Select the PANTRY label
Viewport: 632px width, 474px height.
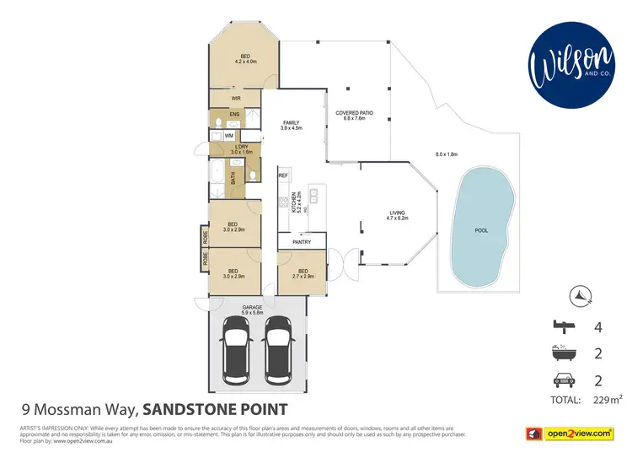point(302,242)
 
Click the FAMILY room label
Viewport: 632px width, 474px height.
point(292,125)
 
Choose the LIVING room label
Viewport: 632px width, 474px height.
point(397,215)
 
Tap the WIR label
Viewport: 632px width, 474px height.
point(225,98)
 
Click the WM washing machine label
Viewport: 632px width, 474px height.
point(229,135)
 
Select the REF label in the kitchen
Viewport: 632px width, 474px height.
point(284,175)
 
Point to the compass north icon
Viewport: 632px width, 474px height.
point(582,295)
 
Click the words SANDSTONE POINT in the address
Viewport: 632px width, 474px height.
point(215,410)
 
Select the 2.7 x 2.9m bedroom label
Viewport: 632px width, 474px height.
point(302,274)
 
